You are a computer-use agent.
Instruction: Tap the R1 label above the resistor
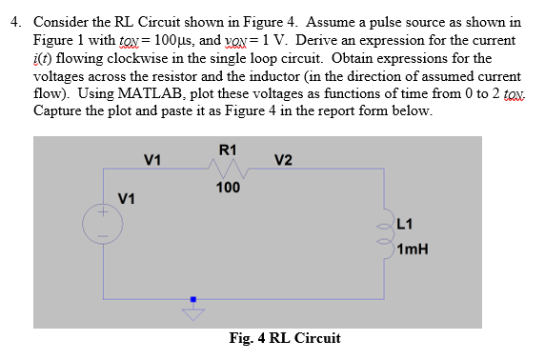(228, 149)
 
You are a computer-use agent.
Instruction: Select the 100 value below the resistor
(228, 188)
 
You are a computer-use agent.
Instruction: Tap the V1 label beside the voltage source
(126, 198)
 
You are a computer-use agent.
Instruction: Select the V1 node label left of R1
(151, 159)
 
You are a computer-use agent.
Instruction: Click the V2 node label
(283, 159)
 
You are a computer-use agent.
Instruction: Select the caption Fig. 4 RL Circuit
(284, 338)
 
